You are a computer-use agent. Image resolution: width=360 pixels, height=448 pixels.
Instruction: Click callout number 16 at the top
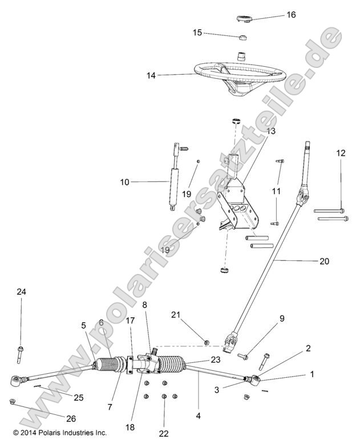(x=291, y=15)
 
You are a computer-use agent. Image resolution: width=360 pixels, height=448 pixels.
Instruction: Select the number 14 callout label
(x=135, y=75)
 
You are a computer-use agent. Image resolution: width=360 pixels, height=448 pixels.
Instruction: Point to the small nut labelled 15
(x=242, y=38)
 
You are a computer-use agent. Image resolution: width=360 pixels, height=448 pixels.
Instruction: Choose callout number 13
(x=270, y=131)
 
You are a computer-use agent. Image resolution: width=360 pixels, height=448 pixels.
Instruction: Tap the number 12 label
(x=341, y=153)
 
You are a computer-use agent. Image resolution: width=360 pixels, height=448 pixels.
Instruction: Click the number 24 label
(x=21, y=292)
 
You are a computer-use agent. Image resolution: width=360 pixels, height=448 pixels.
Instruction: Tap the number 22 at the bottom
(x=164, y=434)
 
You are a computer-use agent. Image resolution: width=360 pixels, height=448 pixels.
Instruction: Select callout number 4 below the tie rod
(x=199, y=416)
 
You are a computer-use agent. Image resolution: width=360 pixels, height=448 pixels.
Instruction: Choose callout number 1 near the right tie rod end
(x=312, y=374)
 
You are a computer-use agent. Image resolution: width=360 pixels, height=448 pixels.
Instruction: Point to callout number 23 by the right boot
(x=215, y=360)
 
